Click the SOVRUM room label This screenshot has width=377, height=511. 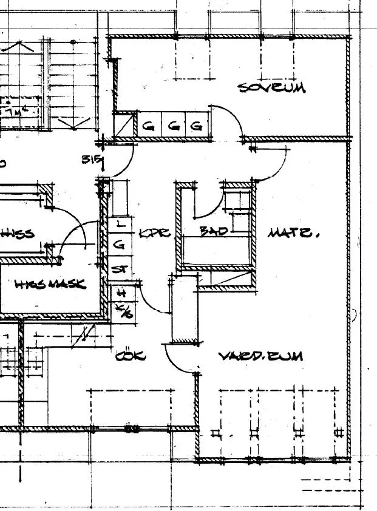(x=271, y=87)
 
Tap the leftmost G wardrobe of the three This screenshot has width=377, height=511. (x=148, y=126)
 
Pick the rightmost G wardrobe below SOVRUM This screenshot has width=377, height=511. (x=196, y=126)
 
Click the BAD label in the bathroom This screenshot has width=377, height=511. (x=213, y=231)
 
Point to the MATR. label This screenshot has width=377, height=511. (x=291, y=232)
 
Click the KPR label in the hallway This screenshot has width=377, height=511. (x=155, y=232)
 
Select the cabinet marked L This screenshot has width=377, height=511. (x=120, y=224)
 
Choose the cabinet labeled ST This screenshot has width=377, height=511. (x=120, y=268)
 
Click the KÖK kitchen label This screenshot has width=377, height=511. (x=130, y=356)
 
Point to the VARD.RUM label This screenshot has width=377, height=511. (x=260, y=356)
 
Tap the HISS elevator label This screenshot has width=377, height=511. (x=18, y=233)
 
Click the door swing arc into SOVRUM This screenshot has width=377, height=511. (x=229, y=115)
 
